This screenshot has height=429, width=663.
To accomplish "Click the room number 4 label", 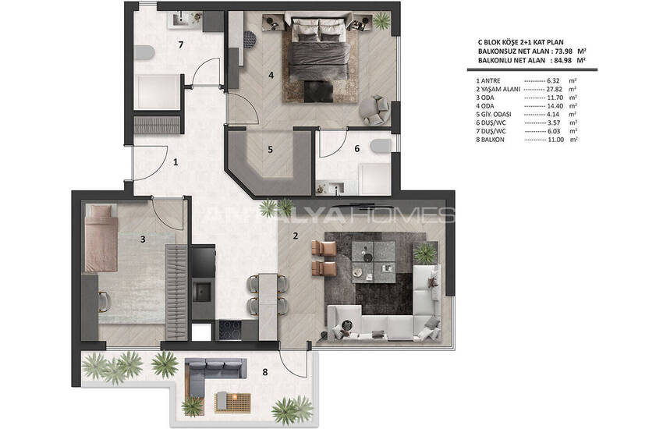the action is (271, 75).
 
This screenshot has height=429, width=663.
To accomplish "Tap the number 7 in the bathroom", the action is (180, 44).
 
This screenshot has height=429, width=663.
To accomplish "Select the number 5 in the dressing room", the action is (270, 150).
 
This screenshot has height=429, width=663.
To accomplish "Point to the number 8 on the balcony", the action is (265, 372).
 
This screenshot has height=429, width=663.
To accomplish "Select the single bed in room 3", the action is (101, 239).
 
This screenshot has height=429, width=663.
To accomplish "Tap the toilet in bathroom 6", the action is (381, 146).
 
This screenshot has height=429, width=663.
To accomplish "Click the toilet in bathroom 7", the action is (144, 52).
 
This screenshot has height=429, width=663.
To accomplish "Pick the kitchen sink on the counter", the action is (202, 292).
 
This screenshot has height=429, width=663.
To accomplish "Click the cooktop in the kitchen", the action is (229, 330).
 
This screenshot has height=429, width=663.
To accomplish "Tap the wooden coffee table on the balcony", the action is (232, 402).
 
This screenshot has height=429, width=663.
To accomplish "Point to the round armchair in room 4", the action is (374, 110).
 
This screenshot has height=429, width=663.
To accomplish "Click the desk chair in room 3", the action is (104, 302).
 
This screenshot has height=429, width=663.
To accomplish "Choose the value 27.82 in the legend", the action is (555, 89).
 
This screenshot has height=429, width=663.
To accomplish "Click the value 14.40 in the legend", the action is (555, 106).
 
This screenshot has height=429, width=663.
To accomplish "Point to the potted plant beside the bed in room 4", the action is (381, 19).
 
